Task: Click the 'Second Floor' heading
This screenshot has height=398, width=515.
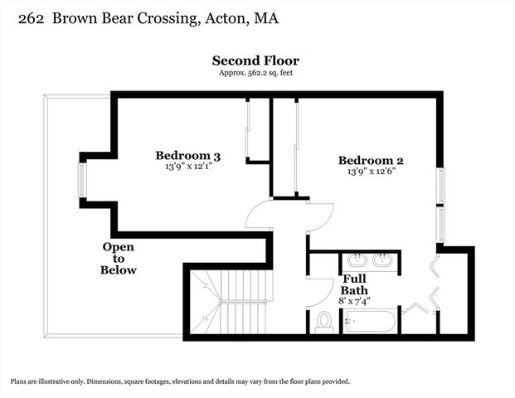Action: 255,61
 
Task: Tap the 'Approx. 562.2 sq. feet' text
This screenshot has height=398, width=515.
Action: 255,73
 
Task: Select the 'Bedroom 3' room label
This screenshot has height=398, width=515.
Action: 188,155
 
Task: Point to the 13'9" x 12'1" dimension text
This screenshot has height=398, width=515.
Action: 188,167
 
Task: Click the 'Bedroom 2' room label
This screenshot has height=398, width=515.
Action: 371,160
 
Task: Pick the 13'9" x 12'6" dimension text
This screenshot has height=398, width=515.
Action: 371,172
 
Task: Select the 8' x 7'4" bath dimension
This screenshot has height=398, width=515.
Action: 354,302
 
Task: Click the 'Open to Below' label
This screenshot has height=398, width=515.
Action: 119,259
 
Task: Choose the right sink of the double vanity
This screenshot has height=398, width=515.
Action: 382,260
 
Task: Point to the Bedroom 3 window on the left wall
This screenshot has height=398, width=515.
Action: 81,177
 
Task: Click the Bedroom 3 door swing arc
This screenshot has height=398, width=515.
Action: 259,215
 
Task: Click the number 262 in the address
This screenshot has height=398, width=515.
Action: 22,17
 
